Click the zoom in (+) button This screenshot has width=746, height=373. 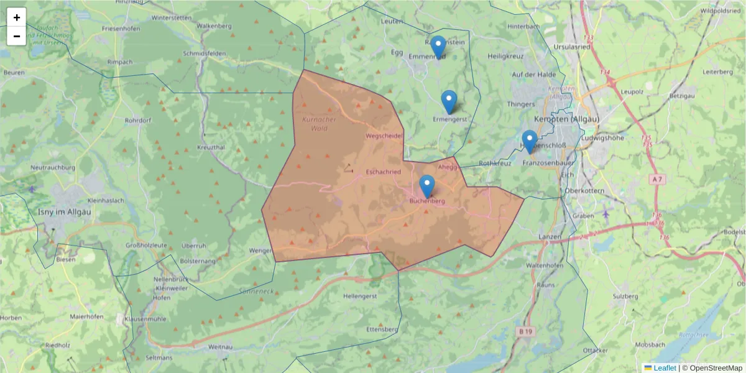pyautogui.click(x=17, y=17)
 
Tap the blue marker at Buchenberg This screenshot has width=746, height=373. pyautogui.click(x=427, y=186)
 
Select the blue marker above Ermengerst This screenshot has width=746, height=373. pyautogui.click(x=449, y=101)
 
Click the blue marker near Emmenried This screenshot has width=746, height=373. pyautogui.click(x=438, y=47)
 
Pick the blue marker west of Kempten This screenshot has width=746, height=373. pyautogui.click(x=530, y=140)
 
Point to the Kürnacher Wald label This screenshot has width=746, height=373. pyautogui.click(x=318, y=124)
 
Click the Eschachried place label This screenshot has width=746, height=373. pyautogui.click(x=384, y=171)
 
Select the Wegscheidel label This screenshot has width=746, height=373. pyautogui.click(x=385, y=136)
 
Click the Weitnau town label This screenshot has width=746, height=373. pyautogui.click(x=221, y=346)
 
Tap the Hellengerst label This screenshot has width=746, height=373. pyautogui.click(x=360, y=297)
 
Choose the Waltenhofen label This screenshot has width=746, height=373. pyautogui.click(x=545, y=265)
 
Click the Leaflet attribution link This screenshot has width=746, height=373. pyautogui.click(x=664, y=368)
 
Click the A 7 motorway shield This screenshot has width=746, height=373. pyautogui.click(x=656, y=179)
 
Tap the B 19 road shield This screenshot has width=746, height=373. pyautogui.click(x=525, y=332)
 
